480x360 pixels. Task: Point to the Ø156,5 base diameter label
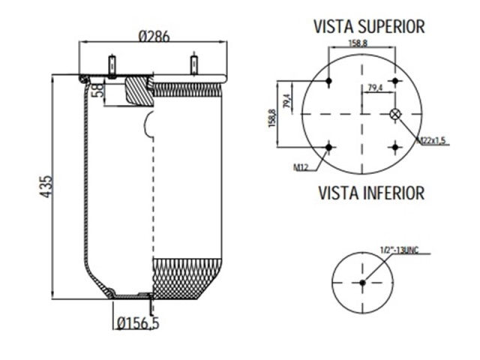pyautogui.click(x=139, y=323)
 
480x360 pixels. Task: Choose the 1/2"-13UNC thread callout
pyautogui.click(x=401, y=249)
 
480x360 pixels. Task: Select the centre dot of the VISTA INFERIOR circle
pyautogui.click(x=362, y=282)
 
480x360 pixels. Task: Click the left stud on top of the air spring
pyautogui.click(x=112, y=64)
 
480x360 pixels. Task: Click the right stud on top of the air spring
pyautogui.click(x=193, y=64)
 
